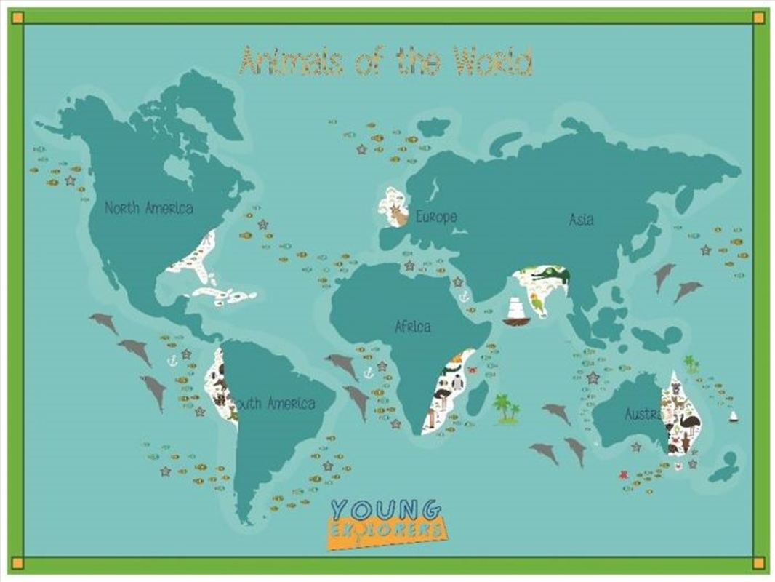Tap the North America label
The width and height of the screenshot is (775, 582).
click(x=149, y=208)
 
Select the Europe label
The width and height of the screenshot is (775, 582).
click(x=436, y=217)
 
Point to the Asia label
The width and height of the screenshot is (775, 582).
click(x=581, y=219)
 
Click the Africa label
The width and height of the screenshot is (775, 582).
click(x=412, y=326)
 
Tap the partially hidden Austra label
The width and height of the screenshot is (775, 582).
click(x=643, y=415)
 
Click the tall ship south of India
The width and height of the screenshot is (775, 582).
click(x=515, y=311)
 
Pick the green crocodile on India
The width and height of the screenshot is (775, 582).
click(x=550, y=276)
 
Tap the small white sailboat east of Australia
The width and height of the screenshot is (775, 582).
click(x=733, y=416)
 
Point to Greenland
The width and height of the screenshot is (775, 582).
click(x=207, y=105)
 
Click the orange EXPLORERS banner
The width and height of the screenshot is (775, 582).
click(x=388, y=529)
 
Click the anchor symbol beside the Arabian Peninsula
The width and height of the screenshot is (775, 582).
click(x=463, y=296)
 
